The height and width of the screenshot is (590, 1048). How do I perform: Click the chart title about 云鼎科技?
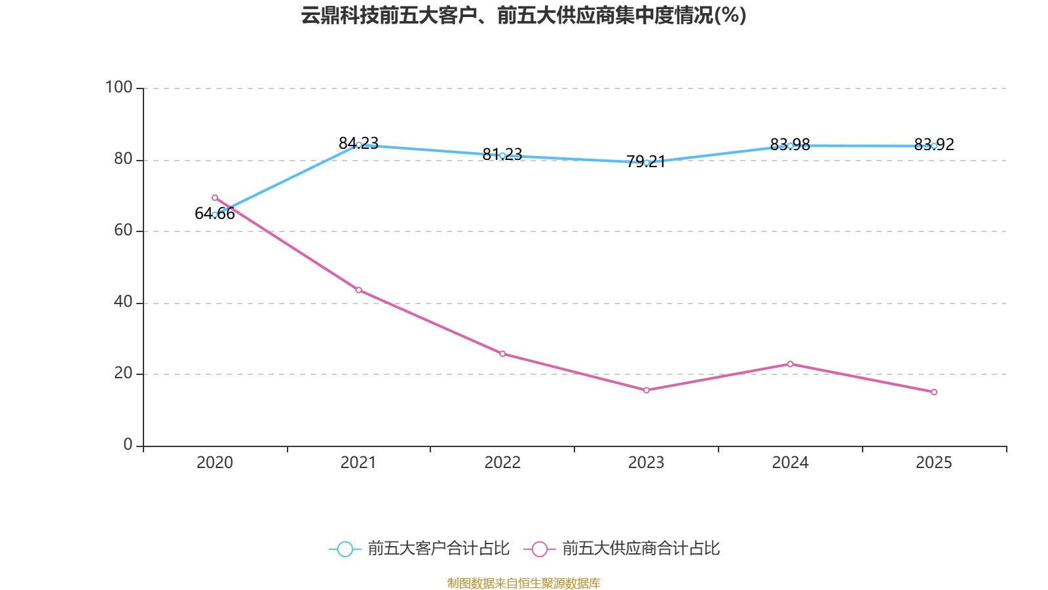[523, 15]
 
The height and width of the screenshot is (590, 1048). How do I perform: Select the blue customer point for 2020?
[215, 214]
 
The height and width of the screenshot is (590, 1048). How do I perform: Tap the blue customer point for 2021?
[358, 145]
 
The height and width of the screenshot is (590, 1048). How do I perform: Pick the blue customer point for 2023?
[646, 163]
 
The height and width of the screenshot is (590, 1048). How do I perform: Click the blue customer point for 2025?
[934, 146]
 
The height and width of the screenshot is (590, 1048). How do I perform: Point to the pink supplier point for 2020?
[215, 197]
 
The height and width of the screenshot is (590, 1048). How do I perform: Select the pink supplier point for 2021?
[358, 290]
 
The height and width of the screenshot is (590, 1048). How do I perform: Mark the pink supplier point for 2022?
[502, 354]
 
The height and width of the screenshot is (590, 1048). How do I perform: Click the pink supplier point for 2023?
[646, 390]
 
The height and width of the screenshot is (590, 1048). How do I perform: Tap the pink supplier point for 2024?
[790, 364]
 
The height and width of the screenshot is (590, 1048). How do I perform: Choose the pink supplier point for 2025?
[934, 392]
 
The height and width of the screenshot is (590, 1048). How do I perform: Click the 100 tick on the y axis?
[119, 87]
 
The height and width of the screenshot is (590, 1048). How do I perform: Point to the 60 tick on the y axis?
[123, 230]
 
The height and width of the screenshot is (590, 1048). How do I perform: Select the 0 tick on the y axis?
[128, 444]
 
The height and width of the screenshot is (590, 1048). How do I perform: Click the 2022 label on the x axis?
[502, 463]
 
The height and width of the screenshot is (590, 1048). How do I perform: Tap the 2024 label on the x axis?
[790, 463]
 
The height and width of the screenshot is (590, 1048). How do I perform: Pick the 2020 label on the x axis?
[215, 463]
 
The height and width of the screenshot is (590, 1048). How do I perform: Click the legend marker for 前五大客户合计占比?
[345, 549]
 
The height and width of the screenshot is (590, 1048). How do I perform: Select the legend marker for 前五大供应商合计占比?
[539, 549]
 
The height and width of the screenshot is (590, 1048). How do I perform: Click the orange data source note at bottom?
[523, 583]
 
